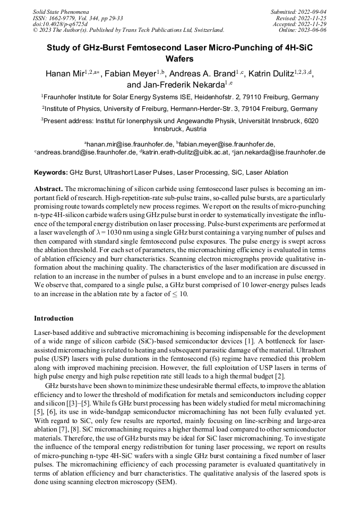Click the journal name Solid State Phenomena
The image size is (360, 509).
coord(61,11)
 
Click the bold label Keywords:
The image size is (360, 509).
coord(50,172)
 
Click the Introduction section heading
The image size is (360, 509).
coord(54,318)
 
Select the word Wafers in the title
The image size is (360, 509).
coord(180,59)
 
